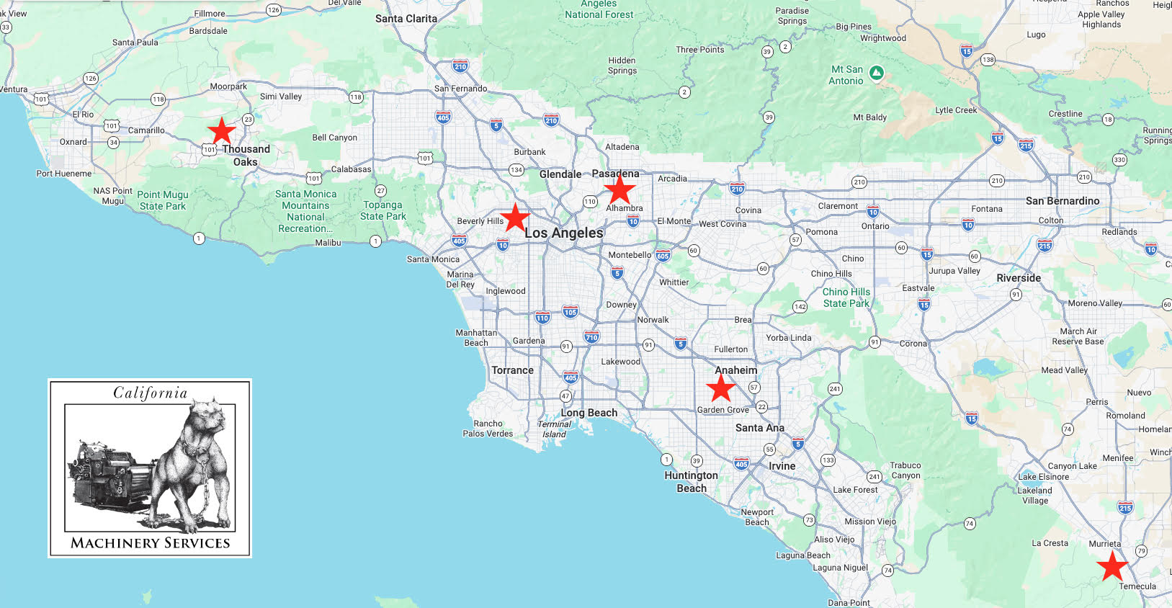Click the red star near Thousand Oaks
222,131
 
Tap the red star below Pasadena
619,190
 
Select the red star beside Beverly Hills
515,218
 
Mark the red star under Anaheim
720,388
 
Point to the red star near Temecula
1113,565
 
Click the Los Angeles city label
563,233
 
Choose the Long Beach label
589,413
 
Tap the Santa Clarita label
406,19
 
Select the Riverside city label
1019,278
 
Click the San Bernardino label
1063,201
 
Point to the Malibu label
328,243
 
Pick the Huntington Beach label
691,481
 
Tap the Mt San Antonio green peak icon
877,72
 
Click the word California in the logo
150,393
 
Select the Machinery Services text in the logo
150,543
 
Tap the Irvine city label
782,466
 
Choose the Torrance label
512,370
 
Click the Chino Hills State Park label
846,298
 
